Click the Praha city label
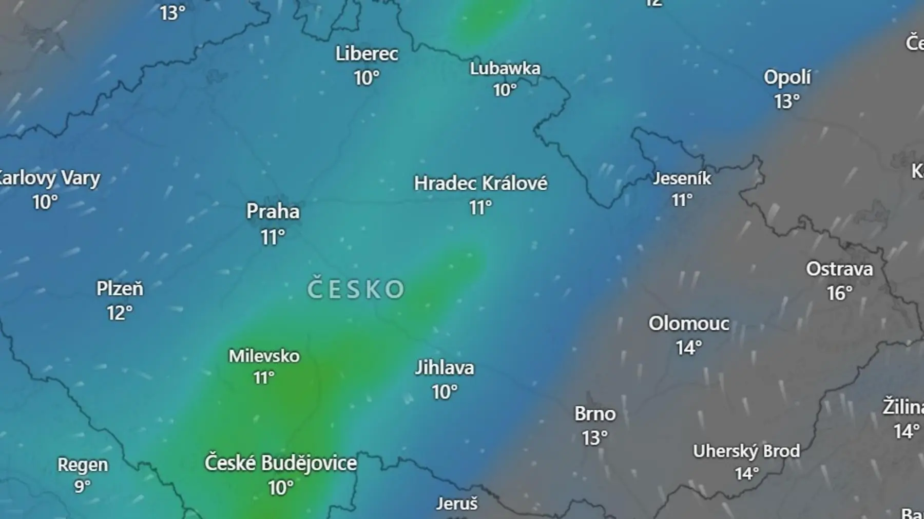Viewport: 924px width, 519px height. coord(273,211)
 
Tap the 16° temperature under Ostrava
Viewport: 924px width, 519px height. coord(839,293)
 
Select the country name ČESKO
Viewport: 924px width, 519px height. coord(356,289)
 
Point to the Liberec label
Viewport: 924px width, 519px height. coord(367,54)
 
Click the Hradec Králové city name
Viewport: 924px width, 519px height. coord(480,184)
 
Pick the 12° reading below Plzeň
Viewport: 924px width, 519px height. coord(120,313)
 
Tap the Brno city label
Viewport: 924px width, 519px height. coord(594,414)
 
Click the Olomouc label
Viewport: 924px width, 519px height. coord(688,324)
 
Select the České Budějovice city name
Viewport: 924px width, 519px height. coord(280,463)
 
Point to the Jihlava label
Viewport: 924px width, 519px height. coord(445,368)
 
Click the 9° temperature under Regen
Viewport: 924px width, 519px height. coord(82,486)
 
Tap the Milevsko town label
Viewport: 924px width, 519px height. coord(264,356)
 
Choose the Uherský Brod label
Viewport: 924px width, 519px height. coord(746,451)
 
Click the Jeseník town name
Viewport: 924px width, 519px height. coord(682,178)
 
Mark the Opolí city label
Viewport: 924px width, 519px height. coord(787,77)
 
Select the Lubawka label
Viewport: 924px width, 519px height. coord(505,69)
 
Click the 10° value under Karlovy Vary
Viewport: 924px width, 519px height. coord(45,203)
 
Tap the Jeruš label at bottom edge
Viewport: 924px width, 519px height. coord(456,504)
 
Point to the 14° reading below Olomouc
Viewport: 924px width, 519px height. coord(688,348)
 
